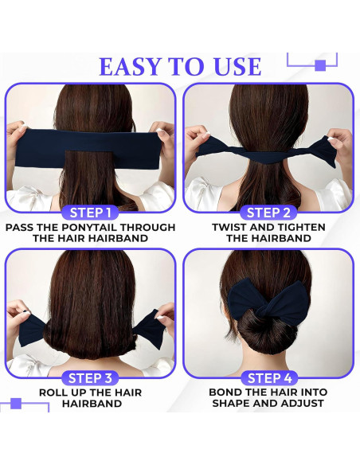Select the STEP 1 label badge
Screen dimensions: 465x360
[90, 212]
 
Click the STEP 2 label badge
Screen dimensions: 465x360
[268, 212]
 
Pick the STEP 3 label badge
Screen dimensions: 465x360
[90, 377]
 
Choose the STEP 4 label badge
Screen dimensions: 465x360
[268, 377]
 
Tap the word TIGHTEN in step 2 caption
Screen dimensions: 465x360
[296, 227]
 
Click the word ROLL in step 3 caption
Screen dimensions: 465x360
[57, 393]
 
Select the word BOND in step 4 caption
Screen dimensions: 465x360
[227, 393]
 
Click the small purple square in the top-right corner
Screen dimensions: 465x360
[319, 65]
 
